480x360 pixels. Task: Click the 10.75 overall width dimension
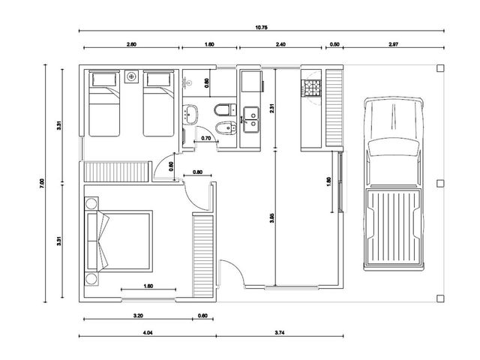click(262, 28)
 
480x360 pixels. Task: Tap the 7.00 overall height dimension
click(42, 183)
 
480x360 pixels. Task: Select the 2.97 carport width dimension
click(393, 44)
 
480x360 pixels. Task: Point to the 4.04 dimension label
click(148, 333)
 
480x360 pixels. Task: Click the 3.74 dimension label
click(280, 333)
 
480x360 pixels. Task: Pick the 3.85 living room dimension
click(272, 217)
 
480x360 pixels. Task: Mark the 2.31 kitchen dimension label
click(272, 109)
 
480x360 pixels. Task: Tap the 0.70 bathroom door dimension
click(206, 138)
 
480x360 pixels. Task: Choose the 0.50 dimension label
click(334, 44)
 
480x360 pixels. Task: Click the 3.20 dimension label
click(138, 316)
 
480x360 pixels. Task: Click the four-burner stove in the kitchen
click(311, 88)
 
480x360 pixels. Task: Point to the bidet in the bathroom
click(226, 127)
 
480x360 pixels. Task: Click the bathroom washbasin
click(190, 115)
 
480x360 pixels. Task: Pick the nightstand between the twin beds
click(132, 76)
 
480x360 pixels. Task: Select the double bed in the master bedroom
click(119, 241)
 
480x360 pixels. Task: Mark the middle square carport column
click(440, 183)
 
